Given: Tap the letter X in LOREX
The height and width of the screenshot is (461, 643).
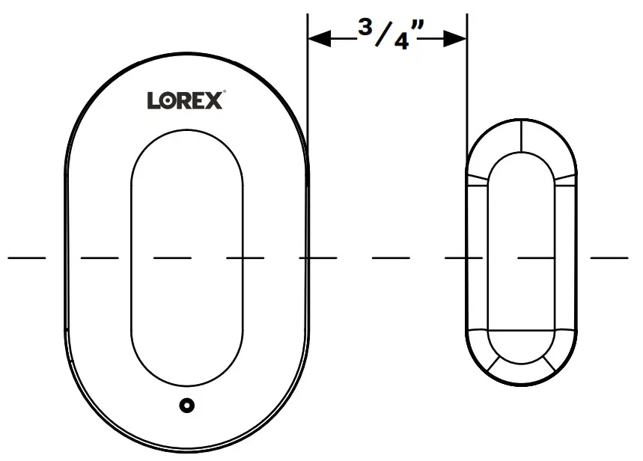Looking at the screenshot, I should point(213,101).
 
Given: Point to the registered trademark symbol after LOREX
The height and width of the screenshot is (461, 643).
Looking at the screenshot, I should point(225,94).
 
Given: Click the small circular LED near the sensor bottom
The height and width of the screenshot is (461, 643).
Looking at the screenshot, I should point(186,405).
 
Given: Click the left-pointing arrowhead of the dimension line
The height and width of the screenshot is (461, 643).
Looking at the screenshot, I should point(319,39).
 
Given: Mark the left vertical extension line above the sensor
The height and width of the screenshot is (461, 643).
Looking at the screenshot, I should point(308,75).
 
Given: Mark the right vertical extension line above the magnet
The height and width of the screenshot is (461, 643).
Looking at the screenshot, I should point(467,75).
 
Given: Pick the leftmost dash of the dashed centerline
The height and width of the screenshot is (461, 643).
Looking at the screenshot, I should point(27,257).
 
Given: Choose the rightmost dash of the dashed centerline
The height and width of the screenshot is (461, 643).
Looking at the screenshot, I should point(609,257).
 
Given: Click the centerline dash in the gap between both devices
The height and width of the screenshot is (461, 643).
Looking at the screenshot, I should point(391,257).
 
